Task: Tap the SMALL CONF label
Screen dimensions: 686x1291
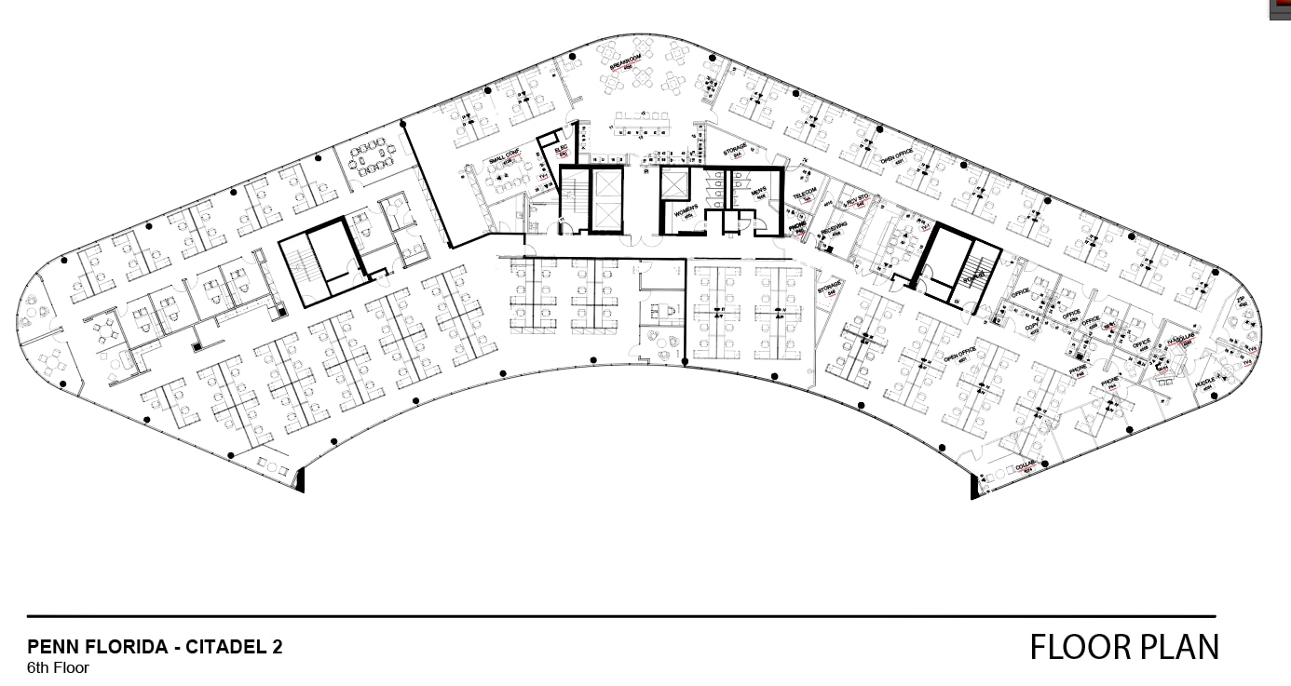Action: pyautogui.click(x=504, y=156)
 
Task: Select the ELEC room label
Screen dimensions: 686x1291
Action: pyautogui.click(x=561, y=149)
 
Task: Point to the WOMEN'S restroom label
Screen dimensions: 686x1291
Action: pyautogui.click(x=686, y=210)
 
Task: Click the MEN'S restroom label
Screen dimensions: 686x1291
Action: pyautogui.click(x=758, y=194)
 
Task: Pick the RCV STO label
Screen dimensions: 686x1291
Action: pyautogui.click(x=857, y=197)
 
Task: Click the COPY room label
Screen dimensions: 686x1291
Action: pyautogui.click(x=1031, y=327)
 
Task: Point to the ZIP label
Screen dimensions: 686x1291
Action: pyautogui.click(x=1241, y=300)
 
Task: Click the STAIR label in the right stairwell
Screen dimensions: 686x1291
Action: pyautogui.click(x=973, y=276)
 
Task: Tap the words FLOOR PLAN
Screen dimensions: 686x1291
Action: pyautogui.click(x=1123, y=646)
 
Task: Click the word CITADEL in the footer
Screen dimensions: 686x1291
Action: pyautogui.click(x=228, y=647)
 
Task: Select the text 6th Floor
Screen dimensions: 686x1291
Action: pyautogui.click(x=58, y=667)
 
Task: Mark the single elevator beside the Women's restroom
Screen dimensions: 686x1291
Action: pyautogui.click(x=673, y=182)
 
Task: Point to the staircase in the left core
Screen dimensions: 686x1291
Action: pyautogui.click(x=300, y=268)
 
